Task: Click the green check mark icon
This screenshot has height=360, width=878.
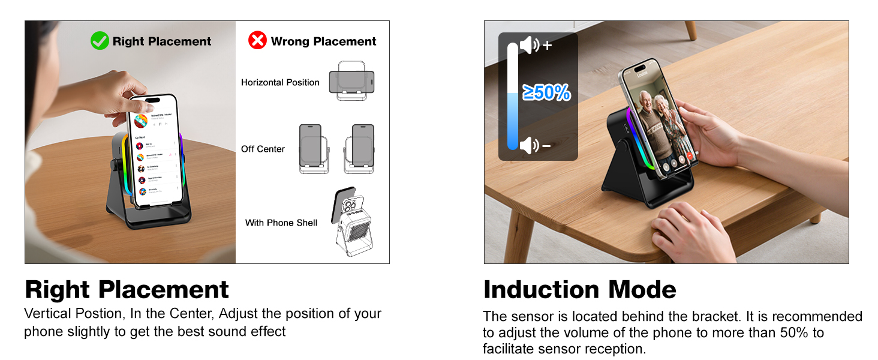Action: pyautogui.click(x=100, y=41)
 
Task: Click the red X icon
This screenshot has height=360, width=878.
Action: pyautogui.click(x=257, y=41)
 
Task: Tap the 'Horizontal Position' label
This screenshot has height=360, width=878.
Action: pyautogui.click(x=280, y=82)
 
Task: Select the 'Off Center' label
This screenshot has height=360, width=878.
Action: pyautogui.click(x=263, y=149)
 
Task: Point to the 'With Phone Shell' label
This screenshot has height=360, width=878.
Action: pyautogui.click(x=281, y=223)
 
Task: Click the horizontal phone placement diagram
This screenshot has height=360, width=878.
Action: pyautogui.click(x=351, y=81)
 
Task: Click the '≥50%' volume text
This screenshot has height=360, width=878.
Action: pyautogui.click(x=546, y=92)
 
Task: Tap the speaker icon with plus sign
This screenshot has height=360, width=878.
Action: pyautogui.click(x=535, y=45)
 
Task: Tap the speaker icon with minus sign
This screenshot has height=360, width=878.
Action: pyautogui.click(x=535, y=145)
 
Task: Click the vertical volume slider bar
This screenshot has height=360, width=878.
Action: pyautogui.click(x=512, y=96)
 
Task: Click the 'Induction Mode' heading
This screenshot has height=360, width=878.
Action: pyautogui.click(x=579, y=290)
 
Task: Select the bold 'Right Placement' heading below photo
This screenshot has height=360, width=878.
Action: pyautogui.click(x=127, y=290)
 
